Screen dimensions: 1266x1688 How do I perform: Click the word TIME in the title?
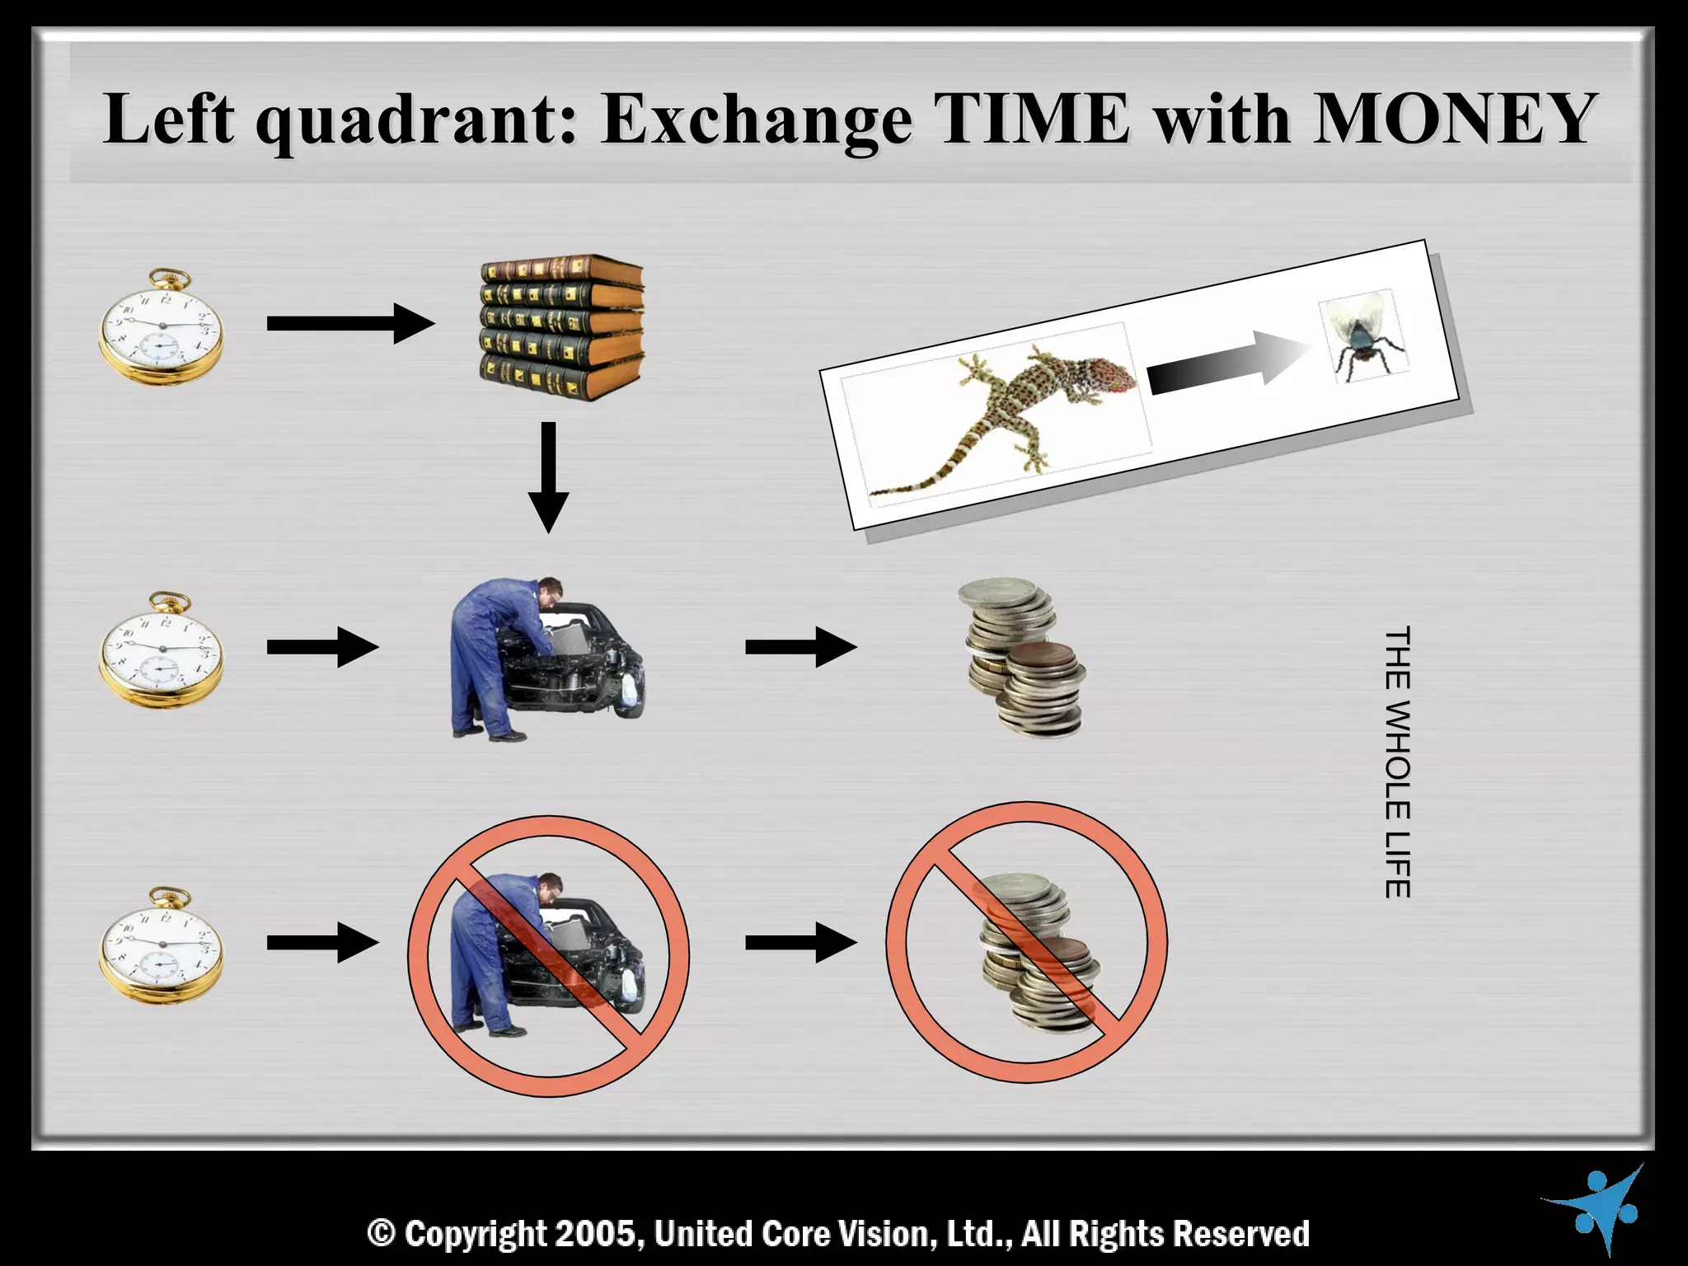1034,120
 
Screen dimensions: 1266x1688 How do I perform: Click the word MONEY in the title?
1451,120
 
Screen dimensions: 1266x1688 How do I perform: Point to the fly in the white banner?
1363,337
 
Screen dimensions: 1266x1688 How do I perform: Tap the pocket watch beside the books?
162,327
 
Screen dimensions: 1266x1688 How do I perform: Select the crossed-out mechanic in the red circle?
548,956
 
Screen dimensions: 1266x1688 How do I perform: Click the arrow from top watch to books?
350,323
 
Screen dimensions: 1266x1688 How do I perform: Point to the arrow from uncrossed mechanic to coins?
799,646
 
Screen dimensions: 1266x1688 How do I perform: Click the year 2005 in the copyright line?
594,1234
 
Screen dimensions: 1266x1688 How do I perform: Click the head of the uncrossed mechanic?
550,590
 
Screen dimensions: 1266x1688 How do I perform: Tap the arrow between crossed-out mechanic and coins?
799,942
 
